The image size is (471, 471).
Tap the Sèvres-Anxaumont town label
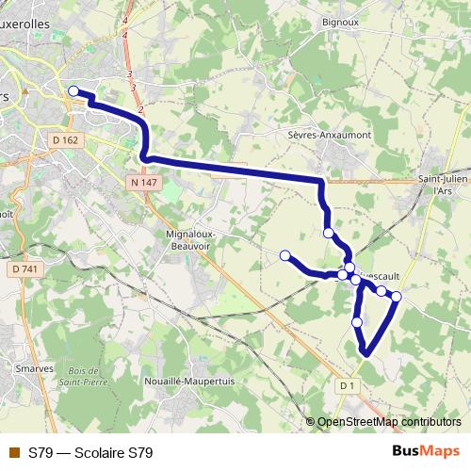click(329, 135)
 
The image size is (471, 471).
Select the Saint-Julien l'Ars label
click(443, 185)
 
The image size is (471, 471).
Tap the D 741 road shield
click(25, 270)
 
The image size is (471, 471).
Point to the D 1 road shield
click(347, 385)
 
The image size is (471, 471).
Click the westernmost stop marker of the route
click(73, 90)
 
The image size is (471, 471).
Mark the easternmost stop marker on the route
click(397, 297)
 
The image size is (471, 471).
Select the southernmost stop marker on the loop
click(357, 323)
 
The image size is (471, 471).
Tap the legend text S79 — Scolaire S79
click(90, 453)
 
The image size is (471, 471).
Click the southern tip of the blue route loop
click(365, 354)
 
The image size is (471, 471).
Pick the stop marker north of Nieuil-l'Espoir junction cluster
click(328, 233)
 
